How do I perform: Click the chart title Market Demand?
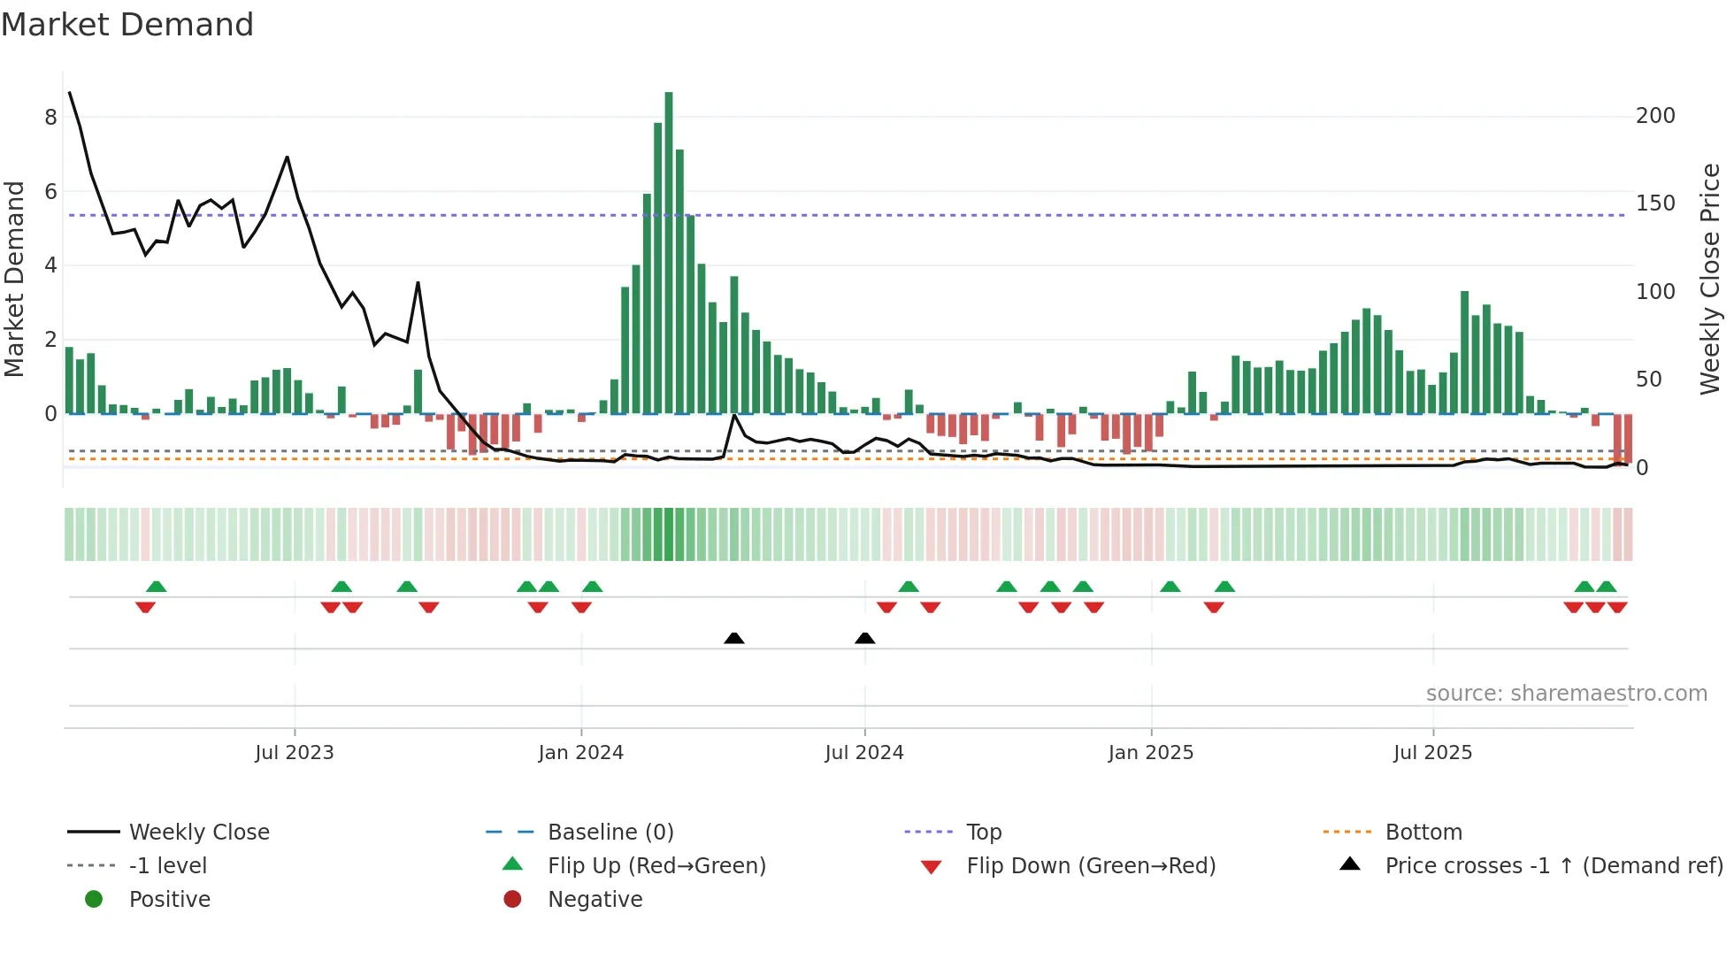127,25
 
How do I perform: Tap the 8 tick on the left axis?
50,118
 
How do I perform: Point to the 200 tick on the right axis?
1655,116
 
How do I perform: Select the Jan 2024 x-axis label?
580,753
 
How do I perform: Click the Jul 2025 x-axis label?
1432,753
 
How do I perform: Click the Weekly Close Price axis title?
1710,279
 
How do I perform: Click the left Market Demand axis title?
15,279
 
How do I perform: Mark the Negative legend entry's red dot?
512,900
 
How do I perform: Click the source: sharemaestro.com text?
1566,694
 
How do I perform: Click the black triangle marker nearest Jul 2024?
865,638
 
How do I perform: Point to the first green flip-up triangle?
157,587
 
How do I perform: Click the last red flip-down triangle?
1617,607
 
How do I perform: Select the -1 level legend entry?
168,866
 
